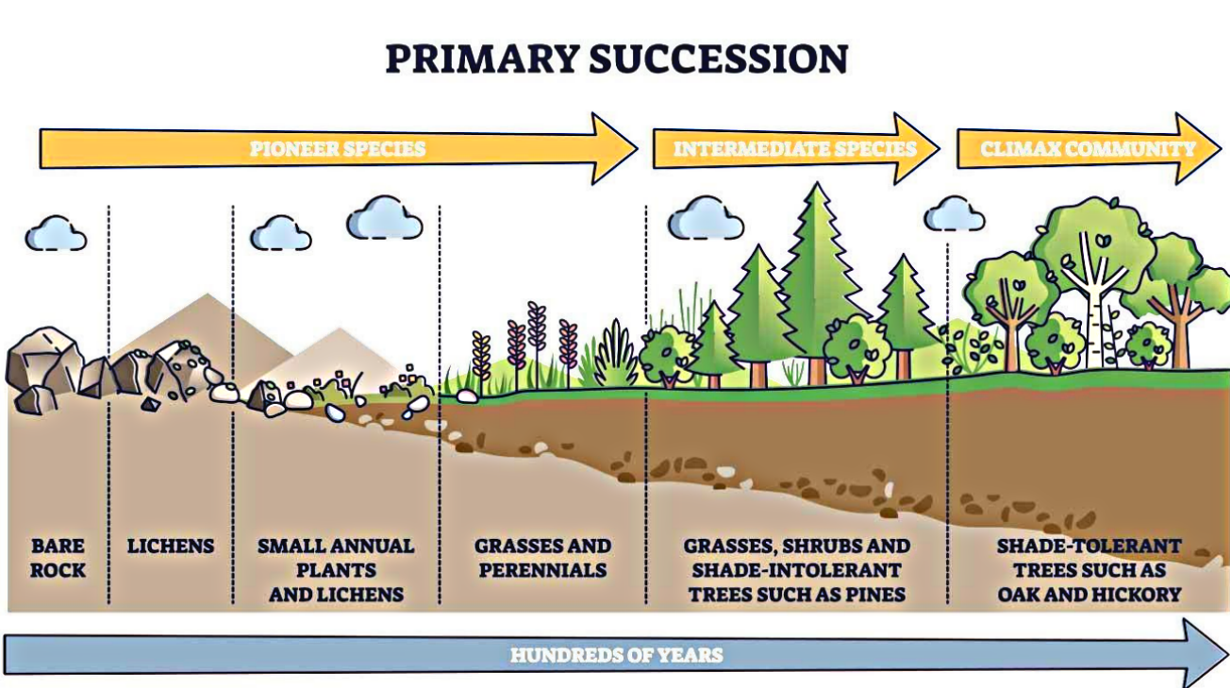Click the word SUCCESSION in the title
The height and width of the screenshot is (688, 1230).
point(719,59)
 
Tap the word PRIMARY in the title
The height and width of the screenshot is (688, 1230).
point(481,59)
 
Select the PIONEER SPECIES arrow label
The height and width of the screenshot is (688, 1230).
point(337,149)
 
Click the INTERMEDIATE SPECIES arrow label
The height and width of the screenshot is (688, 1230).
point(794,149)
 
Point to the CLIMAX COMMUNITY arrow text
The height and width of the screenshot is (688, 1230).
point(1087,149)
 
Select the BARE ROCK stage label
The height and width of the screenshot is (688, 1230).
point(57,558)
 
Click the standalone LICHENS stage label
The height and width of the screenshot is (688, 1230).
point(171,546)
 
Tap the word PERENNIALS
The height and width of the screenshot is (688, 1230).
point(542,571)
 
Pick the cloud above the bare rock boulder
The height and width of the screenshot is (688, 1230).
point(55,233)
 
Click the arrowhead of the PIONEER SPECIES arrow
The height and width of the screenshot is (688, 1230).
point(613,149)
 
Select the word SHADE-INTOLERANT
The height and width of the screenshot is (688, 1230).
point(796,571)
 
